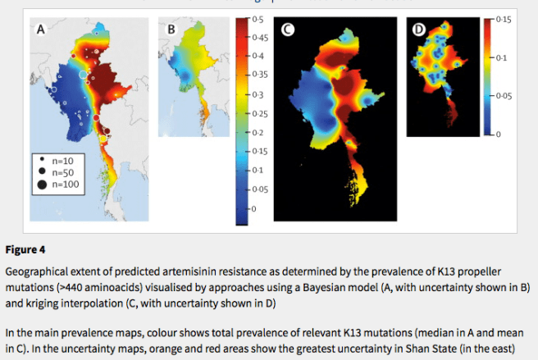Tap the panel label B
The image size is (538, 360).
coord(171,30)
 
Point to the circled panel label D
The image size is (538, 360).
coord(418,30)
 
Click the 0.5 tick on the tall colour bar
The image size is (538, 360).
coord(257,18)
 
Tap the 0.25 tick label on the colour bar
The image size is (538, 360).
coord(259,113)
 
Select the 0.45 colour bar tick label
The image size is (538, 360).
coord(259,37)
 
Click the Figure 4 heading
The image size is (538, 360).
coord(26,248)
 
